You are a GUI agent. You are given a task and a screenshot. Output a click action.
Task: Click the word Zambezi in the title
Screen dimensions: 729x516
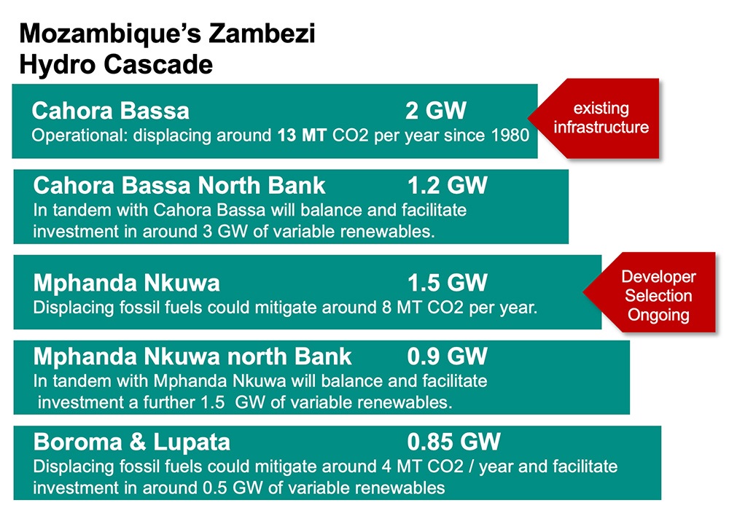pyautogui.click(x=262, y=34)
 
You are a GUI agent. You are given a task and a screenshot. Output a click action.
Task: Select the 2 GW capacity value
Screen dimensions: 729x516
pyautogui.click(x=436, y=111)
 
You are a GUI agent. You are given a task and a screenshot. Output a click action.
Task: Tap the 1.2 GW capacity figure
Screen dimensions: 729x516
pyautogui.click(x=448, y=185)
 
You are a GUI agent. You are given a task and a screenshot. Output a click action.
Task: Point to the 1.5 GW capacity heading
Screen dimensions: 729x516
pyautogui.click(x=448, y=283)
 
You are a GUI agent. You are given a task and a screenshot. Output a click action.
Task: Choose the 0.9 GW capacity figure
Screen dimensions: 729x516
pyautogui.click(x=448, y=356)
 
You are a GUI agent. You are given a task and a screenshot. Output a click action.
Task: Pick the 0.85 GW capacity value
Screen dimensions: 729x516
pyautogui.click(x=453, y=442)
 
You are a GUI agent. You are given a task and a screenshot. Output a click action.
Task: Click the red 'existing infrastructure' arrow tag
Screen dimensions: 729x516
pyautogui.click(x=593, y=118)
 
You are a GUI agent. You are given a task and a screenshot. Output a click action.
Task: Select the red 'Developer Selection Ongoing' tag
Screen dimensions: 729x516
pyautogui.click(x=650, y=292)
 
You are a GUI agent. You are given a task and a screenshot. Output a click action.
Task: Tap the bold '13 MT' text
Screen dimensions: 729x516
pyautogui.click(x=303, y=136)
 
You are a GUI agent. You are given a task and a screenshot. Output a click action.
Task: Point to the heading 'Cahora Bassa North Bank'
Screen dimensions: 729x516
pyautogui.click(x=179, y=185)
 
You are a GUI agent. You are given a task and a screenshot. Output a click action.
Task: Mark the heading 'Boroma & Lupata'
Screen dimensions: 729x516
pyautogui.click(x=131, y=442)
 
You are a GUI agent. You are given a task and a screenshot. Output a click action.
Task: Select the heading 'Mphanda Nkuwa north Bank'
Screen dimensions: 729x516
pyautogui.click(x=192, y=356)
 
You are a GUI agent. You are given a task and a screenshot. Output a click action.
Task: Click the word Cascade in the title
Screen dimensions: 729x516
pyautogui.click(x=158, y=64)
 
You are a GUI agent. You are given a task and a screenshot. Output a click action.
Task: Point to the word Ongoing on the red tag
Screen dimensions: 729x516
pyautogui.click(x=658, y=315)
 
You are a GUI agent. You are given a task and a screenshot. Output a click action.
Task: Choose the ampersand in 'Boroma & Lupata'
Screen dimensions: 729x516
pyautogui.click(x=138, y=442)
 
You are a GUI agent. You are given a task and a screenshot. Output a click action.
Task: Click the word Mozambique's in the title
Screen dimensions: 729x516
pyautogui.click(x=110, y=34)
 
